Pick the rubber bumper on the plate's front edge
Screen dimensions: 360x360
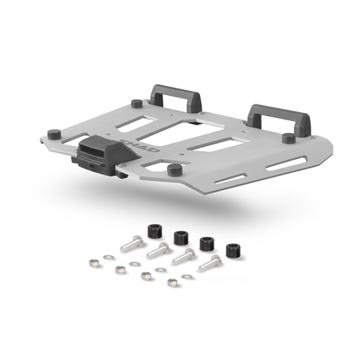point(173,169)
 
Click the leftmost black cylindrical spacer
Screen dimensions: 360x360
point(153,231)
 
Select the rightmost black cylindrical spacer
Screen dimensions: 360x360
point(233,250)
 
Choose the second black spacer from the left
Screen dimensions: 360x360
point(180,236)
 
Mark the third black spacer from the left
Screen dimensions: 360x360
point(206,243)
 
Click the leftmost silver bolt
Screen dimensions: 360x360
point(131,243)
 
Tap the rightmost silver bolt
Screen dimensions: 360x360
point(210,264)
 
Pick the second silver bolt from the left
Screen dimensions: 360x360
point(158,251)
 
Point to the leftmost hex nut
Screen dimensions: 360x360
point(94,263)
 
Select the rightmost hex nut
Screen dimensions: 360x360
point(172,282)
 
